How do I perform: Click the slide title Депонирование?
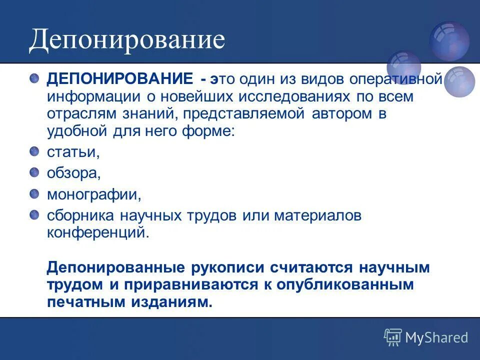[x=126, y=40]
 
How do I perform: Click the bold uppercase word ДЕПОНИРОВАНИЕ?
[x=119, y=79]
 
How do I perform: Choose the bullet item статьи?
[x=73, y=152]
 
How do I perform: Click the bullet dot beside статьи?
[x=34, y=151]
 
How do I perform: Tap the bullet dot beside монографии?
[x=34, y=193]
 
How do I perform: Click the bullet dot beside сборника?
[x=34, y=214]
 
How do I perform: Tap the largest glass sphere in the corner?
[x=449, y=41]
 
